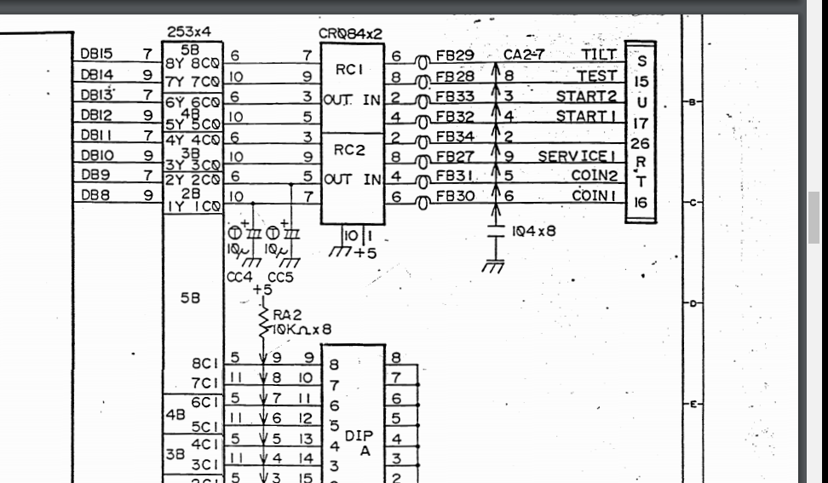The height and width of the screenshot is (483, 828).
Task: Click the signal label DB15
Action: (x=95, y=54)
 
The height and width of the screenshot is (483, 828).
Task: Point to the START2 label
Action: (x=586, y=95)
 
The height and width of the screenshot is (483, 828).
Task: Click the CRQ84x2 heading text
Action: (x=349, y=33)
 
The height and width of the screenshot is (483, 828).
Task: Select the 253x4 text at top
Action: (x=189, y=32)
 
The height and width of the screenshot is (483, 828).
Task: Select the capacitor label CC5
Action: (x=279, y=276)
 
